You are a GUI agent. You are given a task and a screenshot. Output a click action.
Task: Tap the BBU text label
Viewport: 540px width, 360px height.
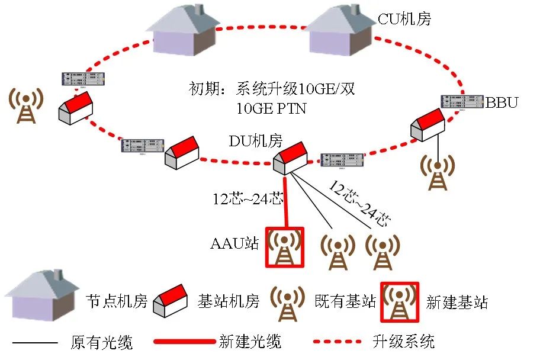(x=502, y=102)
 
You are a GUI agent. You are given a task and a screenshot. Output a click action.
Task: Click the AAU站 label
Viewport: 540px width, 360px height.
(x=234, y=243)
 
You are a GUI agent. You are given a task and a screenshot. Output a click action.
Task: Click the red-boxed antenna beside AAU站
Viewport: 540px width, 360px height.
(x=284, y=248)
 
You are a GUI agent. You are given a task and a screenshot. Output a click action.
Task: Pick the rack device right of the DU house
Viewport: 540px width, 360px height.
(x=342, y=160)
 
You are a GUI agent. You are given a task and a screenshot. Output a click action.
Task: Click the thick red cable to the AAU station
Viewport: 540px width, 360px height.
(x=286, y=201)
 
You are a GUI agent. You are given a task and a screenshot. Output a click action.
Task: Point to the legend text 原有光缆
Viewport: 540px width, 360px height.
(x=101, y=342)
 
